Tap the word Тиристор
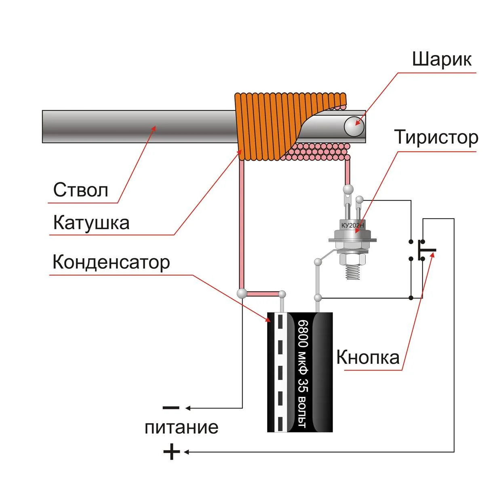pos(436,137)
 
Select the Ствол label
pos(81,190)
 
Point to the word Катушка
pos(91,223)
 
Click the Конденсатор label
pos(111,262)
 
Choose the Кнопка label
pos(368,357)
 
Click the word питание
pos(181,427)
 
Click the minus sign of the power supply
pos(171,407)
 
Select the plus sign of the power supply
pos(171,451)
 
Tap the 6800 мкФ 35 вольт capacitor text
pos(303,374)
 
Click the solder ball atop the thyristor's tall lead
pos(347,188)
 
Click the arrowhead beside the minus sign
pos(187,408)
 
